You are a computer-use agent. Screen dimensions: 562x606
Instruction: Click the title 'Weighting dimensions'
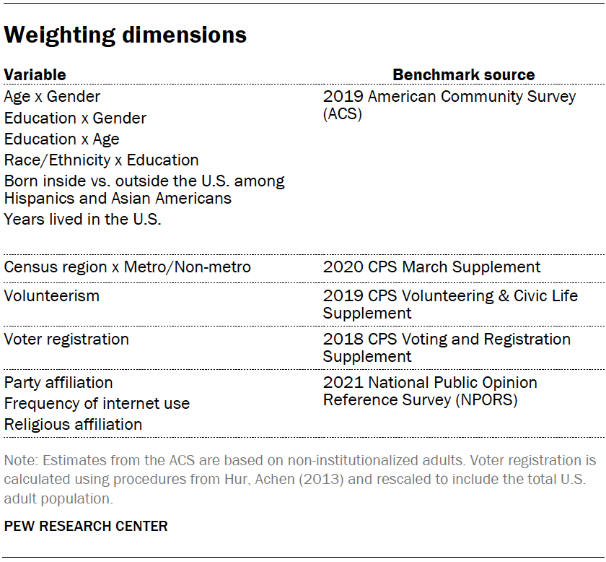(x=126, y=35)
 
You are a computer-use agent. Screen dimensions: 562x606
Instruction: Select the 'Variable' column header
(x=35, y=75)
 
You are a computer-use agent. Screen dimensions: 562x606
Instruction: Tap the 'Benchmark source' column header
(x=463, y=75)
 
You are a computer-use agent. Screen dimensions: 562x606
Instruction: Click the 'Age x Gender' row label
(x=52, y=97)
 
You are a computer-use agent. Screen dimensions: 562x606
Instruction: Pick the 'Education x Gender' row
(x=75, y=118)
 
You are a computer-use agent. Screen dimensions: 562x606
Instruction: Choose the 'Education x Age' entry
(x=62, y=139)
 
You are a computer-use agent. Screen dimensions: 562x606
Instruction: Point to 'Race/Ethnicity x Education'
(x=101, y=160)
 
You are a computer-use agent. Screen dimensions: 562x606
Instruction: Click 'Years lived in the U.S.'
(x=82, y=220)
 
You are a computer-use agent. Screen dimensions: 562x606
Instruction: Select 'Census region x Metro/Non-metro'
(x=128, y=267)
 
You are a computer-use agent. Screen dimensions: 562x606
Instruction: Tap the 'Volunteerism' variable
(x=52, y=296)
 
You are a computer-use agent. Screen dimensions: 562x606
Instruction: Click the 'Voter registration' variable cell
(x=66, y=340)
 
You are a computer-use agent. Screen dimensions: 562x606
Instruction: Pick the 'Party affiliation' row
(x=58, y=383)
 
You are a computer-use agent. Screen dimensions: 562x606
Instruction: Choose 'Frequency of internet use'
(x=97, y=404)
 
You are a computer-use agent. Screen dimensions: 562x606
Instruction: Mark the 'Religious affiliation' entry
(x=73, y=425)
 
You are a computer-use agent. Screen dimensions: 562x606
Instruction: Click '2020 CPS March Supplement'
(x=431, y=267)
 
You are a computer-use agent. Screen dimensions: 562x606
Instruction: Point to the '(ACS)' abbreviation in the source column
(x=343, y=114)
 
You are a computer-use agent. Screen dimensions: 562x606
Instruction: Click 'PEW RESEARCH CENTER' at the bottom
(x=86, y=526)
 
